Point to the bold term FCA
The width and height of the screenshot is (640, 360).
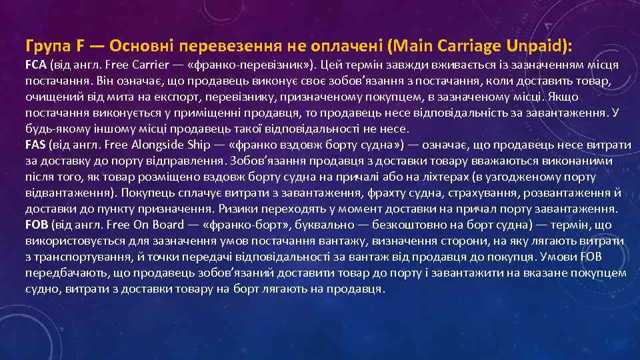click(35, 65)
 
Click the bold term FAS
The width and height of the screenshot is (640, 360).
click(35, 145)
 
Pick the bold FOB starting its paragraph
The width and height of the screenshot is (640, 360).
click(36, 225)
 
